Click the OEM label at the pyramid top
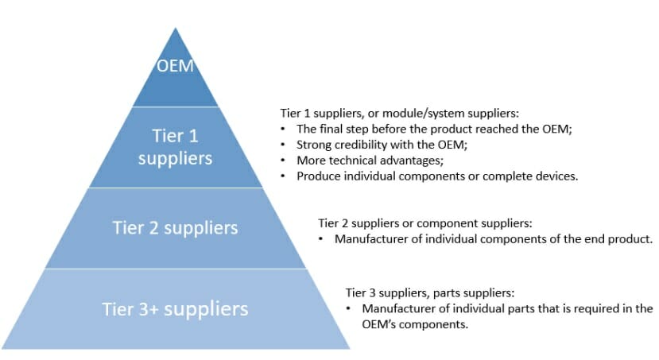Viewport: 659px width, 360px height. pos(175,65)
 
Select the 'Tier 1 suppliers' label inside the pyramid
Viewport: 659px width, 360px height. pos(175,147)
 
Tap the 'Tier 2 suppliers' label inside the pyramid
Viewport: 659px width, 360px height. pos(175,228)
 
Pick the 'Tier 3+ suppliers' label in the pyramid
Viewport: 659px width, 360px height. pos(175,308)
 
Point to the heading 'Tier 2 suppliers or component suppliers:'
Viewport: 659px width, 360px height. pos(424,223)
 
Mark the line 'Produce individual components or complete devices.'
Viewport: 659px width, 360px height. pos(436,176)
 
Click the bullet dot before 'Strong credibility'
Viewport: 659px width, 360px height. pos(284,145)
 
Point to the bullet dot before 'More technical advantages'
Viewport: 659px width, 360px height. pos(284,161)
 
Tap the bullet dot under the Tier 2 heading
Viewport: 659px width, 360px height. pos(321,238)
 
